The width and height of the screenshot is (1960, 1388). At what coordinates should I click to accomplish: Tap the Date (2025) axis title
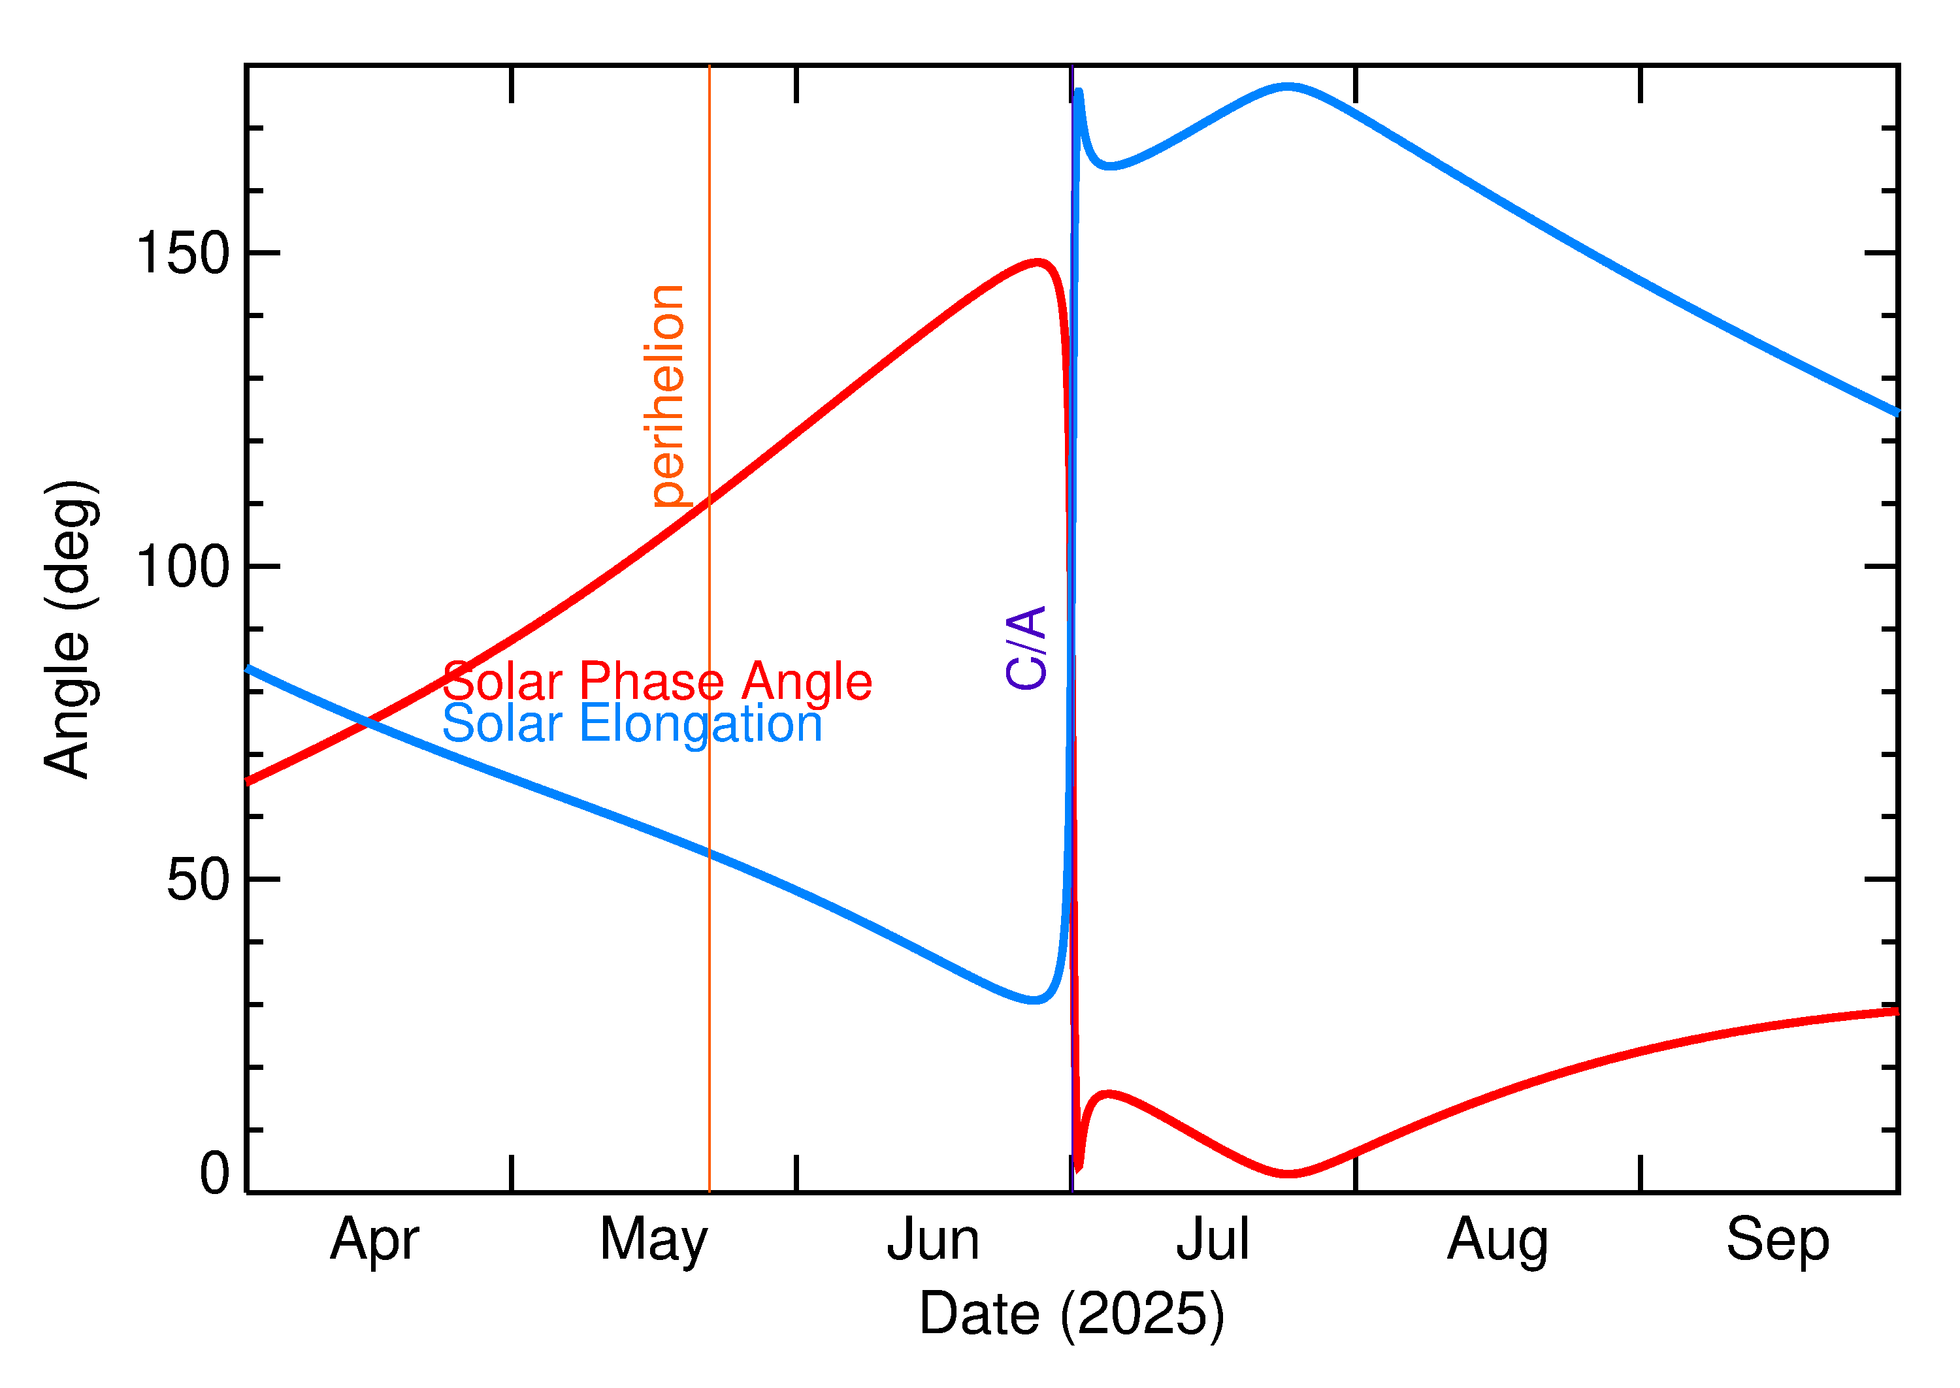click(x=1071, y=1314)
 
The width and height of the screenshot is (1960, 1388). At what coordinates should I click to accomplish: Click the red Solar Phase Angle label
click(x=657, y=681)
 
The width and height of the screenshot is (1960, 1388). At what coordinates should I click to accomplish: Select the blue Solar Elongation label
click(x=632, y=723)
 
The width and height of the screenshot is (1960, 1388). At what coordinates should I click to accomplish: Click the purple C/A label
click(x=1026, y=647)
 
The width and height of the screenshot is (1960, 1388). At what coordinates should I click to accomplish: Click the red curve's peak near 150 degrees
click(x=1037, y=263)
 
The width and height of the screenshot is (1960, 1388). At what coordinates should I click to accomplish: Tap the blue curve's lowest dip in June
click(x=1034, y=999)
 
